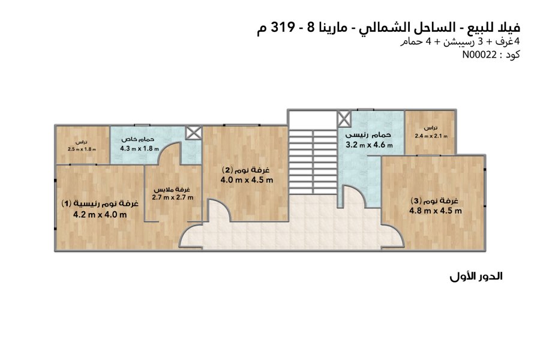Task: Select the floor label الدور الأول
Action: point(476,276)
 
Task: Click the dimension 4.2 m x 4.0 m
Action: point(100,215)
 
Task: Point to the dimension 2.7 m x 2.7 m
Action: point(173,197)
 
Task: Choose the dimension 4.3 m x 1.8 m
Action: point(139,148)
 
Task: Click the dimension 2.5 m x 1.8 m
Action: point(82,149)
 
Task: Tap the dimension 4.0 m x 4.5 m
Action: point(247,179)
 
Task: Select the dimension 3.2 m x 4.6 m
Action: point(369,145)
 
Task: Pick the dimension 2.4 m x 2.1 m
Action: point(431,136)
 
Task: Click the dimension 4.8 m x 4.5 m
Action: point(436,211)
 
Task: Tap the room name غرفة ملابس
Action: point(172,190)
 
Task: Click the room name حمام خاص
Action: point(138,140)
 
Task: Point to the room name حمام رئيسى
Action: point(368,134)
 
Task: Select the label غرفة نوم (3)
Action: point(434,200)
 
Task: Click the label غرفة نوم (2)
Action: point(246,169)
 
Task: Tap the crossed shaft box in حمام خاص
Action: point(193,133)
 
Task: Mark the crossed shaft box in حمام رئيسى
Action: point(344,119)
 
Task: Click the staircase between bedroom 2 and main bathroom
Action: point(313,162)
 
